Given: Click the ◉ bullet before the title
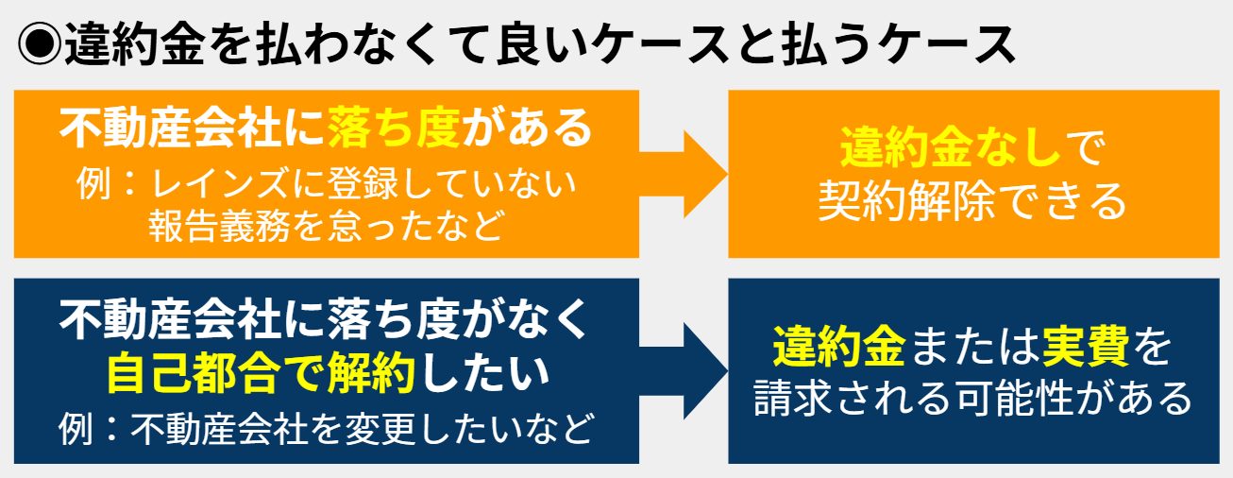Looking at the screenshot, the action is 40,44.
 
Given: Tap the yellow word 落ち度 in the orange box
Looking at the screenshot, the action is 395,128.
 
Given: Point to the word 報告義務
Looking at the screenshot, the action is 218,225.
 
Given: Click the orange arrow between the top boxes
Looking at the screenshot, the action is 684,175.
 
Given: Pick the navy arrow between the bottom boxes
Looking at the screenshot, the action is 684,371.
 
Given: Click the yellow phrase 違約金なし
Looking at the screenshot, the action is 951,147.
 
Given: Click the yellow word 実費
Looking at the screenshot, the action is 1086,347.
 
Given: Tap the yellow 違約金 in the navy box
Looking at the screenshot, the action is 839,347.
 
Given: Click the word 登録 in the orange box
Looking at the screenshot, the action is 363,183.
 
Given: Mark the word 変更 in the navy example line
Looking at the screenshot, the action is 380,429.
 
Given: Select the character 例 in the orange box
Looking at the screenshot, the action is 93,183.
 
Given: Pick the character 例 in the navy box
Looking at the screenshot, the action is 76,429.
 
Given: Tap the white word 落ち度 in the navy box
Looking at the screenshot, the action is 395,319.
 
